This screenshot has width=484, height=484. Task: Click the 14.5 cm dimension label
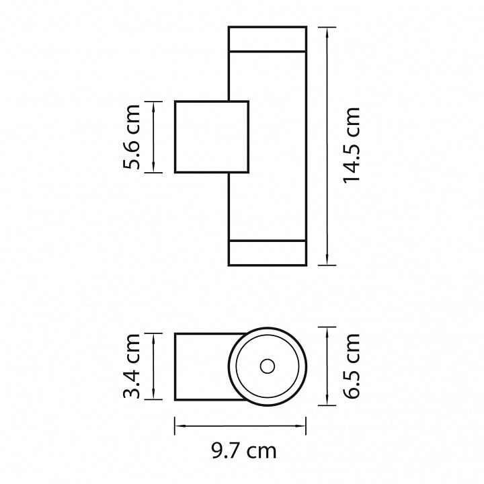352,145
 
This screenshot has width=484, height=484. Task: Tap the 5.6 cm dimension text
132,137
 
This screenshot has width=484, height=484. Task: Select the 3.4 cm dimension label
132,366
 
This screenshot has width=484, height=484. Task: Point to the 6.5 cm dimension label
352,366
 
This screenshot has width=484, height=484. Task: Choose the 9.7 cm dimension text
244,451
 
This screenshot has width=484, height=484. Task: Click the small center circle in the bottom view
268,366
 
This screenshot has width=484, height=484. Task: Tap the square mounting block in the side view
212,136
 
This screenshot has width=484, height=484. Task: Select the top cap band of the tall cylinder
268,38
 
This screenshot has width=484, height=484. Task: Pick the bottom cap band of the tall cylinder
268,253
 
